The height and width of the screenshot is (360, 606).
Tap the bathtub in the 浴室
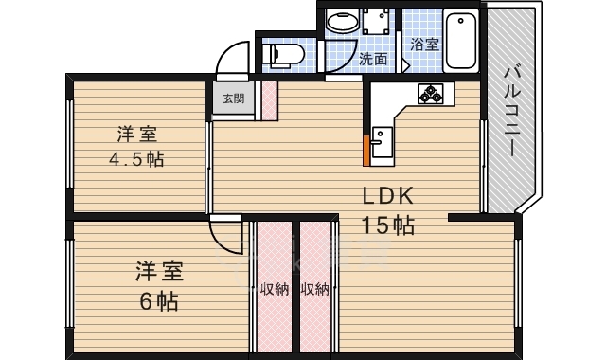(461, 40)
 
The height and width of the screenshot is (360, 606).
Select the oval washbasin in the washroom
(343, 21)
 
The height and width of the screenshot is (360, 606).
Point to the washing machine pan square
(376, 21)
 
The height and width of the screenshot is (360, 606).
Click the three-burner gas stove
(430, 94)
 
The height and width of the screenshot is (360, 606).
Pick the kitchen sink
(382, 142)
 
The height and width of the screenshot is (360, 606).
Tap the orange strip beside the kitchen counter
(366, 150)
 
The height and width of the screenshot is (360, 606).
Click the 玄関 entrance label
(234, 99)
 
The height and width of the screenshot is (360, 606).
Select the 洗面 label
(373, 59)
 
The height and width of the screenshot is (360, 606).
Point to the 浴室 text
(424, 45)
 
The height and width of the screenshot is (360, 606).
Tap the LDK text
(388, 196)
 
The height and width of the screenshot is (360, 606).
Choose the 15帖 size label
(387, 225)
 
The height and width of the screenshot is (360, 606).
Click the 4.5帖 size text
(136, 159)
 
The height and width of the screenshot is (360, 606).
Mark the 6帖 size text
(159, 301)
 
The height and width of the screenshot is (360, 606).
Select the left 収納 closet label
(275, 289)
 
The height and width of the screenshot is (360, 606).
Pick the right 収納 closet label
(315, 289)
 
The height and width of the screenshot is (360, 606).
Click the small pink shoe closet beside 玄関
(269, 100)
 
